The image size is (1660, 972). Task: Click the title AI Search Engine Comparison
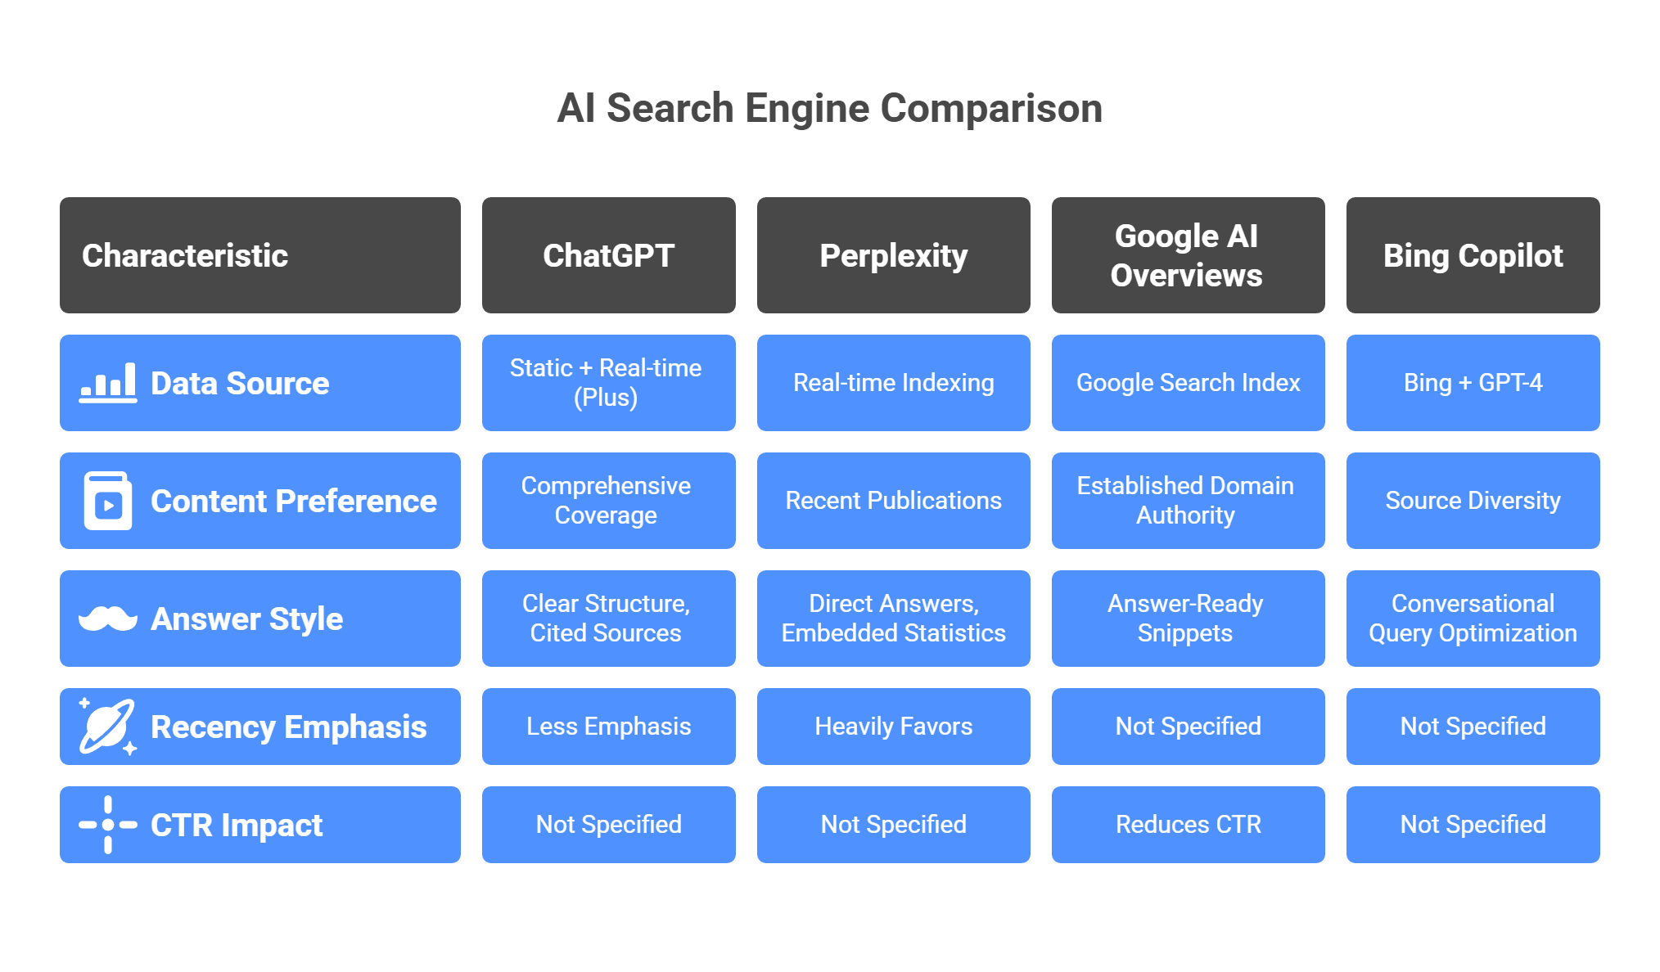[x=829, y=109]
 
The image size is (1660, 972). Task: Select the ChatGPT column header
[x=608, y=255]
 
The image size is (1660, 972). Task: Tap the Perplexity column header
[x=893, y=255]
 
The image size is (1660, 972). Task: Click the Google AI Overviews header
[x=1187, y=255]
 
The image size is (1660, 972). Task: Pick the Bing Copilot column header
[x=1473, y=255]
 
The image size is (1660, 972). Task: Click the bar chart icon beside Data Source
[x=108, y=383]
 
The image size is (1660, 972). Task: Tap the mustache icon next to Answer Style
[x=108, y=619]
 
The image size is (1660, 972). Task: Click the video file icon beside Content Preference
[x=108, y=501]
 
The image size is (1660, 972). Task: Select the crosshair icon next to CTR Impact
[x=108, y=825]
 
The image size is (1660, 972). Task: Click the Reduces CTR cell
[x=1188, y=825]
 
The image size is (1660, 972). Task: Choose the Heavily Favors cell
[x=893, y=727]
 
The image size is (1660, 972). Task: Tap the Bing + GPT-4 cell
[x=1473, y=383]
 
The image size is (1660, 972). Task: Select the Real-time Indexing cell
[x=893, y=383]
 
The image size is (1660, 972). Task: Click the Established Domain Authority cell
[x=1187, y=501]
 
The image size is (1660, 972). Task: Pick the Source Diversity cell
[x=1473, y=501]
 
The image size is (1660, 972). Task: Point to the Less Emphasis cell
[x=608, y=727]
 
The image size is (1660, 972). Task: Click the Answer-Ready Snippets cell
[x=1187, y=619]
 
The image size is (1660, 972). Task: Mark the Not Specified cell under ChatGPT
[x=608, y=825]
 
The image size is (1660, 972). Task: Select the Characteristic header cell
[x=259, y=255]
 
